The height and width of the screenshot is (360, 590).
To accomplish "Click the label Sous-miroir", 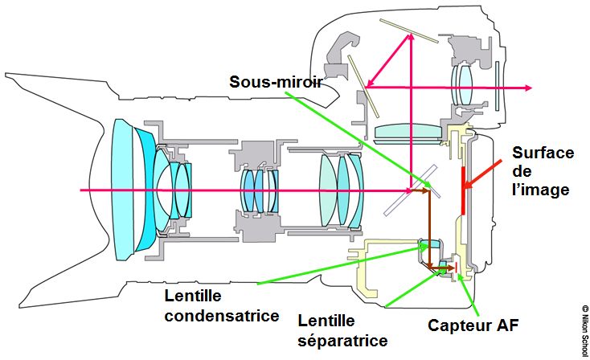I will tap(275, 82).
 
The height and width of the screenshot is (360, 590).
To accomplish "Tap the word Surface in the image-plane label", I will tap(539, 153).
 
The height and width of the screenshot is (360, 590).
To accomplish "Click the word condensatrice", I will tap(221, 315).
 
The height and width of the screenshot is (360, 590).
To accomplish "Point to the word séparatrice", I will tap(342, 340).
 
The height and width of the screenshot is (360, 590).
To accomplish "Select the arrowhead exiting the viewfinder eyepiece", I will tap(523, 87).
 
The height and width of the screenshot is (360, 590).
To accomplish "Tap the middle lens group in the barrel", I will tap(260, 190).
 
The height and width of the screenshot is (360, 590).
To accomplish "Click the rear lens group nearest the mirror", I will tap(341, 190).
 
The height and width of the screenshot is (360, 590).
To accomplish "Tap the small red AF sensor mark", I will tap(456, 268).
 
